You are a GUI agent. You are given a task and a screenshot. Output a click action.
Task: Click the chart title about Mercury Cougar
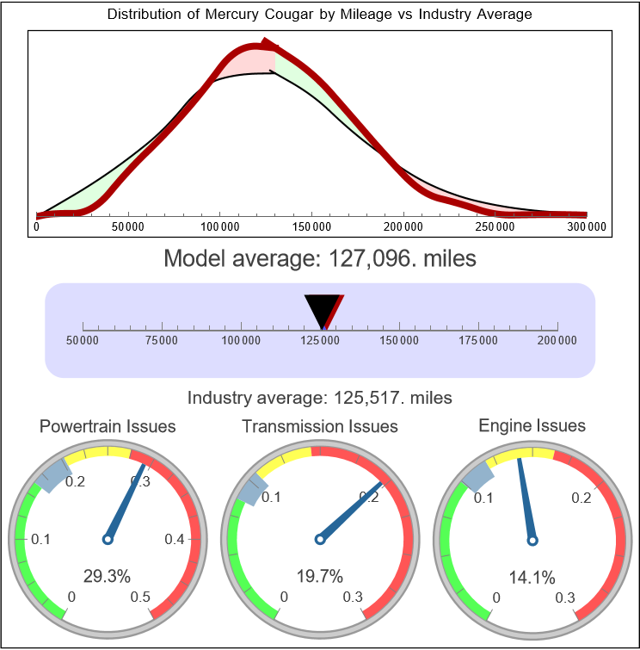320,15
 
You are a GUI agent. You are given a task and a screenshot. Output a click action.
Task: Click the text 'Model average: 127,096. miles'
320,258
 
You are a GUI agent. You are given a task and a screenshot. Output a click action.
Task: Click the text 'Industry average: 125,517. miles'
320,398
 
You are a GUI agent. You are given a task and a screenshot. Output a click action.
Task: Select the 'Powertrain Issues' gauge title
108,426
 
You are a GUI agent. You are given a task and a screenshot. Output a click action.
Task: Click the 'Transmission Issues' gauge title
320,426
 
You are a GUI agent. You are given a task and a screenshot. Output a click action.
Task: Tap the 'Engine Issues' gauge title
532,426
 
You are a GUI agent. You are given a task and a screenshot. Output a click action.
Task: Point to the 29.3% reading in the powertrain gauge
107,576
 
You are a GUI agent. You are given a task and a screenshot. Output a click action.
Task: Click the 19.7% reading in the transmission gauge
319,576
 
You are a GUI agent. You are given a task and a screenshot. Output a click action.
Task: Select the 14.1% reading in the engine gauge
531,576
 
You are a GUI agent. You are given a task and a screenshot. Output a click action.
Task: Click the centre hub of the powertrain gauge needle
108,539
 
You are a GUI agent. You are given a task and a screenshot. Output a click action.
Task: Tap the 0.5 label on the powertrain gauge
141,597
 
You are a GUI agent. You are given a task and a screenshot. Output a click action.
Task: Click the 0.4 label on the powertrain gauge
175,540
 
